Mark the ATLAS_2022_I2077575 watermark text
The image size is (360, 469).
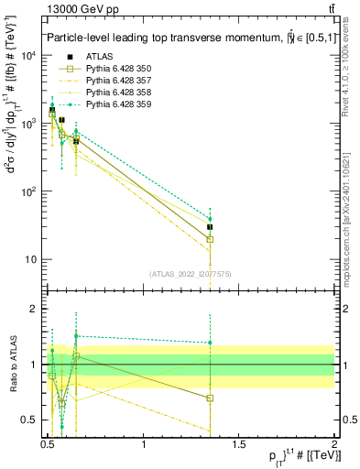(x=191, y=273)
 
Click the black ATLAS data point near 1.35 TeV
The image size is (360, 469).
(x=211, y=226)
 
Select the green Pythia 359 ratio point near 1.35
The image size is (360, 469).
(x=211, y=343)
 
